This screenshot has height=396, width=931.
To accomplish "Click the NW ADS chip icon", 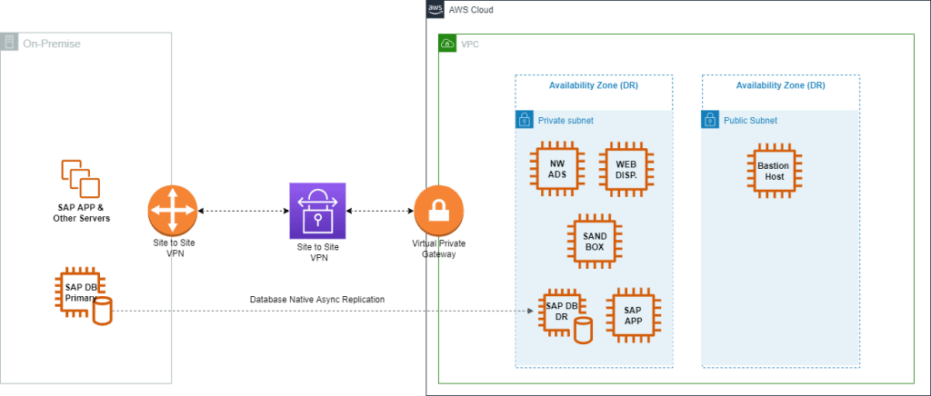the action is click(557, 169).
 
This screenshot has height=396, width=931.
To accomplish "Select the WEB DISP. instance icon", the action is click(626, 169).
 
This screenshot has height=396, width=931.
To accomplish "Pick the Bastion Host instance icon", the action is click(775, 171).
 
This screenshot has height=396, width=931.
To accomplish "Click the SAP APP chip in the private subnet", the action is click(633, 315).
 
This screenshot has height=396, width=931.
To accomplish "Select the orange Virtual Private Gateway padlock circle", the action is click(438, 211).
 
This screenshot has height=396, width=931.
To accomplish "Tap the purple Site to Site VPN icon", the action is click(317, 211).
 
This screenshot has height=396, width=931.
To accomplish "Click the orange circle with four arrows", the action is click(172, 211).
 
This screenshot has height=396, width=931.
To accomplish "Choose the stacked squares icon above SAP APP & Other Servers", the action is click(81, 178).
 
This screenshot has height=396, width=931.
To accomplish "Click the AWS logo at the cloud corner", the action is click(435, 9).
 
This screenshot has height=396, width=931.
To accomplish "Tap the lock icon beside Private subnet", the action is click(524, 120).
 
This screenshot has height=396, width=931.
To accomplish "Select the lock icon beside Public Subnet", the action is click(710, 120).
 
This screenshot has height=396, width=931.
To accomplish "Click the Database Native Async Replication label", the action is click(317, 300).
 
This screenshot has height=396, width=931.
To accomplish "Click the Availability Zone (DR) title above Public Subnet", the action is click(780, 85).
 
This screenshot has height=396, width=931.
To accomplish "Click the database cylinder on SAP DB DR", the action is click(584, 331).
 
